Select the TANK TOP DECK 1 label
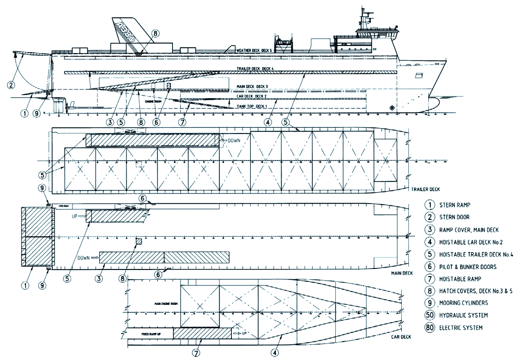click(x=252, y=106)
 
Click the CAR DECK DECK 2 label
click(x=251, y=96)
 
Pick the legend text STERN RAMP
click(x=455, y=205)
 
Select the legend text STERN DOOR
click(x=455, y=217)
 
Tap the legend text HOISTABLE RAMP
click(x=459, y=278)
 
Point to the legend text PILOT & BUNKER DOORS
click(x=468, y=266)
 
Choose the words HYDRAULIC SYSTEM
click(x=463, y=315)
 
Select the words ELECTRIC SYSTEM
click(x=461, y=328)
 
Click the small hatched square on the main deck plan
click(x=138, y=241)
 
